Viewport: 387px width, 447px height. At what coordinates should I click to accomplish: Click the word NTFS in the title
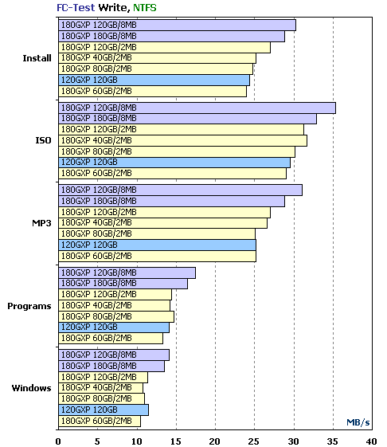pyautogui.click(x=145, y=7)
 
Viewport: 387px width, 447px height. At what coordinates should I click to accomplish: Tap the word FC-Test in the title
pyautogui.click(x=76, y=7)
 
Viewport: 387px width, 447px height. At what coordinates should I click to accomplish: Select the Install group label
pyautogui.click(x=37, y=58)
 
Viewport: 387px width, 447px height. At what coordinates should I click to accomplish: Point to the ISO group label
pyautogui.click(x=43, y=140)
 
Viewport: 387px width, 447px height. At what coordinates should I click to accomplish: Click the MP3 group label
pyautogui.click(x=41, y=223)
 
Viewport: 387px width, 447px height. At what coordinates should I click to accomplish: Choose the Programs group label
pyautogui.click(x=29, y=306)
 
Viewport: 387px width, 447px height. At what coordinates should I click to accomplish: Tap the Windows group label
pyautogui.click(x=31, y=388)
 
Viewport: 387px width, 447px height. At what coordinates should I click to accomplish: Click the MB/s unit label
pyautogui.click(x=358, y=422)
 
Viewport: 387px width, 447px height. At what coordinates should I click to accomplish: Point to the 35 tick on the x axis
pyautogui.click(x=333, y=441)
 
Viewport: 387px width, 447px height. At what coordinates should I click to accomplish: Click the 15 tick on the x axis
pyautogui.click(x=176, y=441)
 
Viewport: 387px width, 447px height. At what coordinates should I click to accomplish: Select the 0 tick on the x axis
pyautogui.click(x=58, y=441)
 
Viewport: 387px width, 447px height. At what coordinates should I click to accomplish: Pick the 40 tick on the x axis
pyautogui.click(x=372, y=441)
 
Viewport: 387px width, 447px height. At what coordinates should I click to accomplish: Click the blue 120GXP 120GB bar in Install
pyautogui.click(x=154, y=80)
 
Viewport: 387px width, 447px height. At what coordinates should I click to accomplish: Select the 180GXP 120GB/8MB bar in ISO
pyautogui.click(x=197, y=108)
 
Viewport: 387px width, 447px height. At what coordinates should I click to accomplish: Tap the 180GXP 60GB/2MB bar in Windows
pyautogui.click(x=100, y=422)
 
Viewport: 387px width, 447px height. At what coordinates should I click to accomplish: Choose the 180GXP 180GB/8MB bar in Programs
pyautogui.click(x=123, y=284)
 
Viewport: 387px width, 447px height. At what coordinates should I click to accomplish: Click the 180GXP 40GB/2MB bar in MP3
pyautogui.click(x=162, y=223)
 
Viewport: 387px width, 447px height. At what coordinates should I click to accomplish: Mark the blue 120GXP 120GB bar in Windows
pyautogui.click(x=104, y=410)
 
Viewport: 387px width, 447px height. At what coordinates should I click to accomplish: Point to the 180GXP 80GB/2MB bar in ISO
pyautogui.click(x=177, y=152)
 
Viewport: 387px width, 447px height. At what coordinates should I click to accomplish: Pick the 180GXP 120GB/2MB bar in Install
pyautogui.click(x=164, y=48)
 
